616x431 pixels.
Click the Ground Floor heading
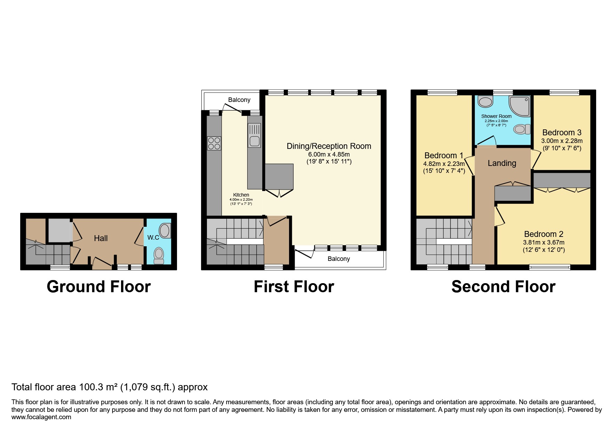pyautogui.click(x=99, y=287)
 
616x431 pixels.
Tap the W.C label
pyautogui.click(x=153, y=238)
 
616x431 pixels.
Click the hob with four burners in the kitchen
pyautogui.click(x=214, y=143)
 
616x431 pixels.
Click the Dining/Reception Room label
pyautogui.click(x=329, y=146)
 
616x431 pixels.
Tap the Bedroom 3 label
pyautogui.click(x=561, y=133)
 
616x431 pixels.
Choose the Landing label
pyautogui.click(x=502, y=163)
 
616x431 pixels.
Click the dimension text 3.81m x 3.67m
pyautogui.click(x=544, y=242)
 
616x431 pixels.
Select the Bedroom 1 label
pyautogui.click(x=443, y=155)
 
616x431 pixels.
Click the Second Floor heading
pyautogui.click(x=503, y=287)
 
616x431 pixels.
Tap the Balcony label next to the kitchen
pyautogui.click(x=239, y=100)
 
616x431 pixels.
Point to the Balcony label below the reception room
pyautogui.click(x=338, y=259)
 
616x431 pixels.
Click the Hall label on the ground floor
pyautogui.click(x=101, y=238)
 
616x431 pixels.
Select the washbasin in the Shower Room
pyautogui.click(x=485, y=102)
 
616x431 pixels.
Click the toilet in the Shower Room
pyautogui.click(x=521, y=129)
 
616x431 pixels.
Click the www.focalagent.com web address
pyautogui.click(x=41, y=417)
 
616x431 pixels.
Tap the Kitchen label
pyautogui.click(x=241, y=195)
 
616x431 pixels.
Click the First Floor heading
pyautogui.click(x=294, y=287)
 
